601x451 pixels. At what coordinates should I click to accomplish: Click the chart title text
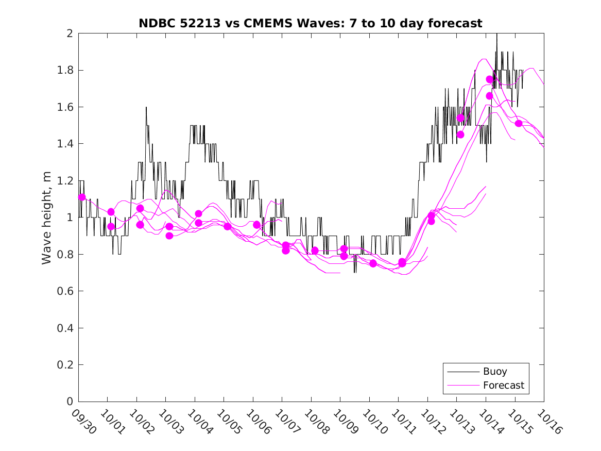click(x=311, y=23)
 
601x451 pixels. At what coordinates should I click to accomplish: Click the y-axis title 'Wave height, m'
click(x=47, y=218)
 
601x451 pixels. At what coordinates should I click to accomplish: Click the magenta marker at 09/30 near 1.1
click(x=82, y=197)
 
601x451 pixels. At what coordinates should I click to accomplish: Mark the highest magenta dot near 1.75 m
click(x=489, y=79)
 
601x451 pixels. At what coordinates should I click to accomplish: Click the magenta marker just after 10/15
click(x=519, y=123)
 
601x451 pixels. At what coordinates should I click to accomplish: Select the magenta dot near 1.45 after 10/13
click(x=460, y=135)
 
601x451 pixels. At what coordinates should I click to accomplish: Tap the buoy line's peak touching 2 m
click(x=497, y=34)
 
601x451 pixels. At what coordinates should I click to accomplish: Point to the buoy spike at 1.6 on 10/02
click(x=146, y=107)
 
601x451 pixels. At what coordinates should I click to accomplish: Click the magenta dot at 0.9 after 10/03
click(x=169, y=236)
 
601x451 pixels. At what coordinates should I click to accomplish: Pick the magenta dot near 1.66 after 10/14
click(x=489, y=96)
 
